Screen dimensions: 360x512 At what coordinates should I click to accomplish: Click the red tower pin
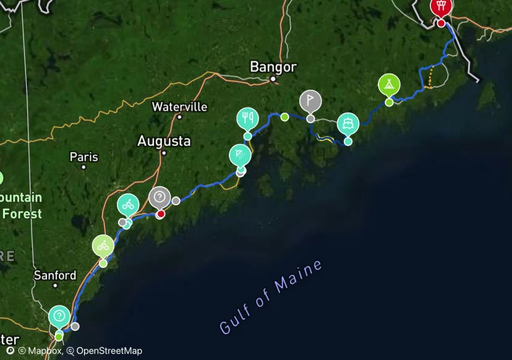coord(441,7)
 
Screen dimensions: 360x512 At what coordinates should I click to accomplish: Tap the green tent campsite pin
coord(389,85)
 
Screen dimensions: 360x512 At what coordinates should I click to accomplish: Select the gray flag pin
coord(310,100)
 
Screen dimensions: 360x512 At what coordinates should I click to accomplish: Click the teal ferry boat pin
coord(348,124)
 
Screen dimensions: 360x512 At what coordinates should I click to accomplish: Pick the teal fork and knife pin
coord(247,118)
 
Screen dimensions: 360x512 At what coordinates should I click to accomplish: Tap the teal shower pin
coord(240,155)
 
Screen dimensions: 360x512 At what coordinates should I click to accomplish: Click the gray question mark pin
coord(160,198)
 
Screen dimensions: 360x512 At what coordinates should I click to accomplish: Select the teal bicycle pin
coord(128,205)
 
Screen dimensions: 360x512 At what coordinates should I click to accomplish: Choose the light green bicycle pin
coord(103,246)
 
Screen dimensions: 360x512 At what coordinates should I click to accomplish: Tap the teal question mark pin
coord(59,317)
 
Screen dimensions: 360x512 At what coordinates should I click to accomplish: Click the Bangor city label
coord(273,67)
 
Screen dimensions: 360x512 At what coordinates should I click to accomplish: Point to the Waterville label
coord(179,106)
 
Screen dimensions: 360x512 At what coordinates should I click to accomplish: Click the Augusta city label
coord(164,141)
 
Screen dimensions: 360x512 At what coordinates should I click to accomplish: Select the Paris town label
coord(83,156)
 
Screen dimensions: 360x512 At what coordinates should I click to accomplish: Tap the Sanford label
coord(55,275)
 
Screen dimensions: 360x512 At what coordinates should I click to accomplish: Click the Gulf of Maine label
coord(271,297)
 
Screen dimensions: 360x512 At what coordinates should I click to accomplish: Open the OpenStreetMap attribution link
coord(109,351)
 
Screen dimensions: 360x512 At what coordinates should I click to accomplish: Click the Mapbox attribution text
coord(45,351)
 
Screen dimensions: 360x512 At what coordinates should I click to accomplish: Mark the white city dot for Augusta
coord(164,153)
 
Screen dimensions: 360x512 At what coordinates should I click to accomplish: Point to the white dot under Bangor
coord(273,79)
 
